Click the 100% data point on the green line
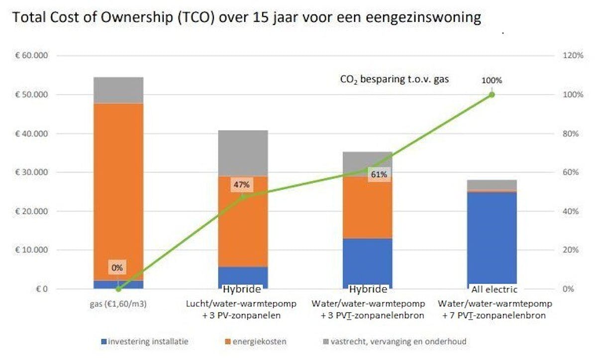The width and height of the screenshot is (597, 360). (x=492, y=94)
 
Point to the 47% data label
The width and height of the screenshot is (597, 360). (x=240, y=185)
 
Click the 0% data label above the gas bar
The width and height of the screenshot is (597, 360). (x=117, y=268)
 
